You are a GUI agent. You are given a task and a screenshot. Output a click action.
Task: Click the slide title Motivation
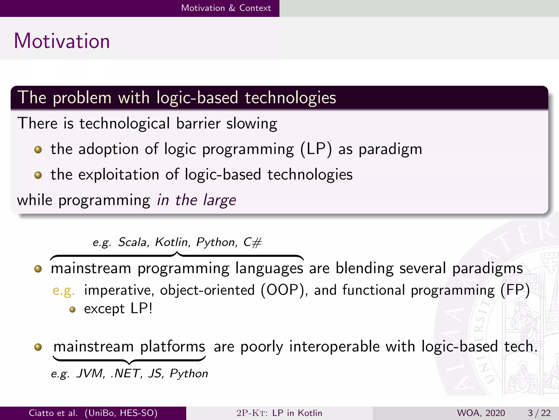click(62, 41)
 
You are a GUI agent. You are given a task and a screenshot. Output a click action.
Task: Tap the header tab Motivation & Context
click(226, 8)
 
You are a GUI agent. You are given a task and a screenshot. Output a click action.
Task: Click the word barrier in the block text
click(198, 123)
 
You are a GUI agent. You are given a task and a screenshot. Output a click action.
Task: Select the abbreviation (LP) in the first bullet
click(316, 149)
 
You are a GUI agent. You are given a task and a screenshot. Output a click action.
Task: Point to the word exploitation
click(118, 175)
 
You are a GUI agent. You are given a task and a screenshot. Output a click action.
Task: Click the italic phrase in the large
click(196, 200)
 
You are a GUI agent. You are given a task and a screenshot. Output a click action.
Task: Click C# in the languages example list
click(252, 242)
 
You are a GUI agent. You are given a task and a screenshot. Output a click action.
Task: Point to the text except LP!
click(118, 309)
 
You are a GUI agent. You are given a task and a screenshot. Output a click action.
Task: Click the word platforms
click(173, 346)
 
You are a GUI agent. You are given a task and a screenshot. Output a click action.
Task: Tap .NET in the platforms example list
click(126, 373)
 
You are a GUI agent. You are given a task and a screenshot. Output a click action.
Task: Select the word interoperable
click(334, 346)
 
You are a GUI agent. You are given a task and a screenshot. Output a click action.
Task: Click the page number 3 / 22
click(539, 413)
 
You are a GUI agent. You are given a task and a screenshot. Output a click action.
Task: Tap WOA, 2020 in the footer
click(481, 413)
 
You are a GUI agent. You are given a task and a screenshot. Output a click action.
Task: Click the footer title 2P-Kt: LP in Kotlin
click(279, 413)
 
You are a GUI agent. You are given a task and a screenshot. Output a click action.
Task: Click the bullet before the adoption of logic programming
click(38, 150)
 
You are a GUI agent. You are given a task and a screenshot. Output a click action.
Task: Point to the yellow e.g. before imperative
click(64, 290)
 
